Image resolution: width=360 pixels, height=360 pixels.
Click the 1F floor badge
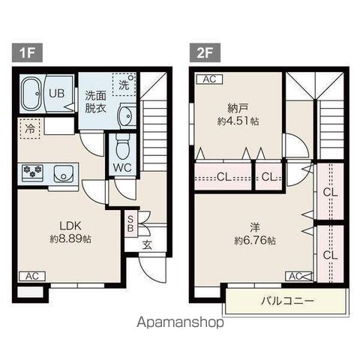(27, 52)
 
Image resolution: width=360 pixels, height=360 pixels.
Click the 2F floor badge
(205, 52)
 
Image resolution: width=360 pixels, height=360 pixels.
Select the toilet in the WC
(123, 147)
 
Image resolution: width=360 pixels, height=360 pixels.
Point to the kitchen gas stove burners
(32, 172)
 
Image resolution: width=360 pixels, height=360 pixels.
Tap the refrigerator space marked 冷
(30, 128)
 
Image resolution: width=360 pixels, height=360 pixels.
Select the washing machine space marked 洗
(124, 84)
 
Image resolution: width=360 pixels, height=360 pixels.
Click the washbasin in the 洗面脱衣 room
(127, 116)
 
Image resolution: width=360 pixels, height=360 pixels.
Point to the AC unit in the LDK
(32, 276)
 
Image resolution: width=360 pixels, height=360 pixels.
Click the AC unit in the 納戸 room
(209, 79)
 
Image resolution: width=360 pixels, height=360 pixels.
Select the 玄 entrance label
(148, 245)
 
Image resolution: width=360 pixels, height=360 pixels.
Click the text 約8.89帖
(70, 239)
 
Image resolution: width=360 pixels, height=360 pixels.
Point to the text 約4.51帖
(238, 121)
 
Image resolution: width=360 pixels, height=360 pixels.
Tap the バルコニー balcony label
(287, 301)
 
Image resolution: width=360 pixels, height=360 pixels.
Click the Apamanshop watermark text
(180, 322)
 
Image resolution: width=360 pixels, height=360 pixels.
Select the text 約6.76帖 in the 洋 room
(255, 241)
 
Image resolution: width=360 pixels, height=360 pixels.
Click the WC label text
(122, 168)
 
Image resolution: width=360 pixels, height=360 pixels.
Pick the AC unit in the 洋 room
(298, 276)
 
